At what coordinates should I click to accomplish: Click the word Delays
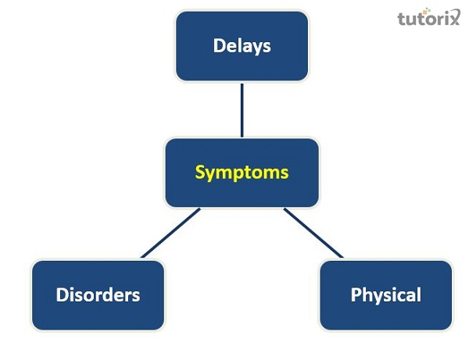242,45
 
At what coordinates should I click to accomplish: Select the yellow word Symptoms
242,172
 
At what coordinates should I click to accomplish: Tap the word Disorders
98,294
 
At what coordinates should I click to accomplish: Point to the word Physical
385,294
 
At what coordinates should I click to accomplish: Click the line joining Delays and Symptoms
242,109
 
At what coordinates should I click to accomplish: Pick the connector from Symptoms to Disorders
170,233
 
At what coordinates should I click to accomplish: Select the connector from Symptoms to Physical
313,233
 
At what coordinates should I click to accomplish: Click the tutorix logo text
429,17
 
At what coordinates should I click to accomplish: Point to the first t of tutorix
401,17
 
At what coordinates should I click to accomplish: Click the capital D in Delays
219,45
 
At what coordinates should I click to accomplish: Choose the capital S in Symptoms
199,172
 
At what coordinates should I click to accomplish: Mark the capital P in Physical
356,294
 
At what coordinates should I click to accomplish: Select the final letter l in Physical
418,294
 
